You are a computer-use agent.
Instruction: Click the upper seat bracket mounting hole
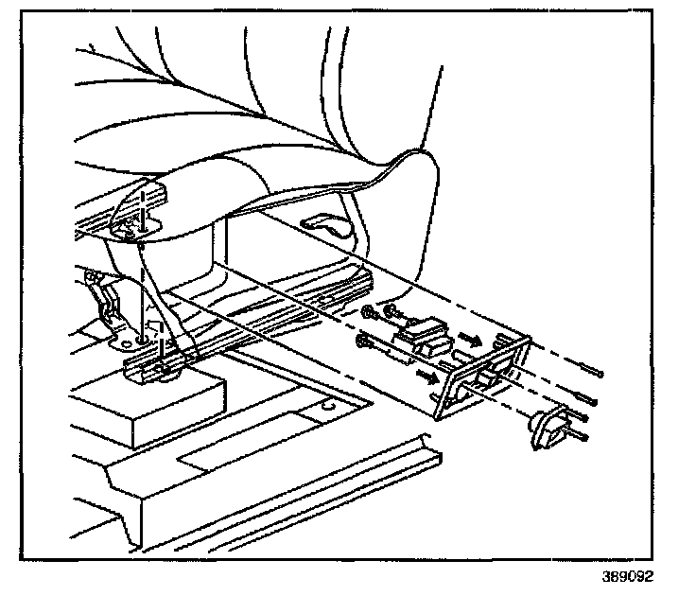tap(126, 224)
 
